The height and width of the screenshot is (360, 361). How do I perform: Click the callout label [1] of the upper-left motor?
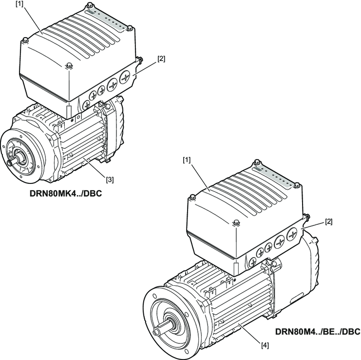pos(19,4)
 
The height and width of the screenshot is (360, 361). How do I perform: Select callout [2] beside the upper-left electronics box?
pos(161,59)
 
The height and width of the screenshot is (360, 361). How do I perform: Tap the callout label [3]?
pos(110,180)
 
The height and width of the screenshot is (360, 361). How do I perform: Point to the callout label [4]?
pos(265,345)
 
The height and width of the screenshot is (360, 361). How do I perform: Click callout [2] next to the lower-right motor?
pos(329,221)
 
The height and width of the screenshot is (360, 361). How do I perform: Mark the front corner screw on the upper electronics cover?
pos(68,65)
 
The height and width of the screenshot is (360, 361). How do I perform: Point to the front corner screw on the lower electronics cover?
pos(236,223)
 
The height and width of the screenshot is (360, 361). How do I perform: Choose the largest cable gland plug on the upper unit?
pos(126,77)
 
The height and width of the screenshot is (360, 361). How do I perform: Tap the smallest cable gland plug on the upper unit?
pos(88,104)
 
